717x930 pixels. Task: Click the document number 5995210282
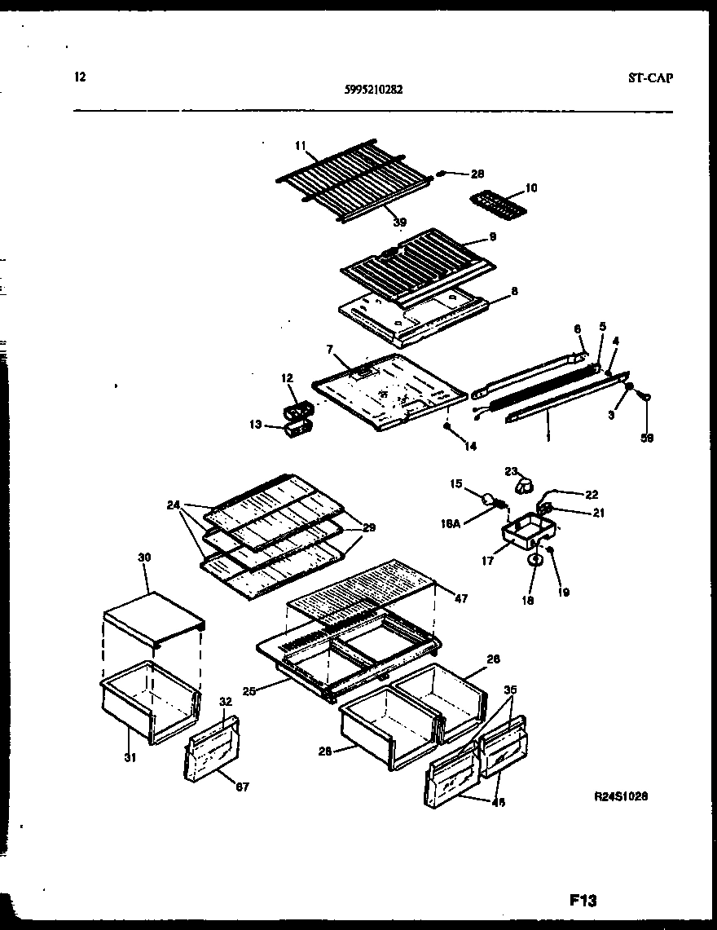click(373, 91)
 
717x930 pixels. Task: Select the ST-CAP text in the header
click(651, 78)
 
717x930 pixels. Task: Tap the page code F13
click(583, 901)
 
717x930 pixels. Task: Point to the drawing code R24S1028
click(622, 799)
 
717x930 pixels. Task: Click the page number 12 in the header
click(79, 77)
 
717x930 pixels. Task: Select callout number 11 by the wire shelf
click(300, 145)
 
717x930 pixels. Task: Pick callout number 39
click(399, 222)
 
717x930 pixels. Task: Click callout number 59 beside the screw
click(647, 438)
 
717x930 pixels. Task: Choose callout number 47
click(461, 599)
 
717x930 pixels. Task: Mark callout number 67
click(242, 787)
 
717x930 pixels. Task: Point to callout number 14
click(470, 447)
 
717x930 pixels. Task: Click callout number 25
click(251, 691)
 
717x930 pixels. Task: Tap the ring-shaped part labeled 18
click(534, 561)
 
